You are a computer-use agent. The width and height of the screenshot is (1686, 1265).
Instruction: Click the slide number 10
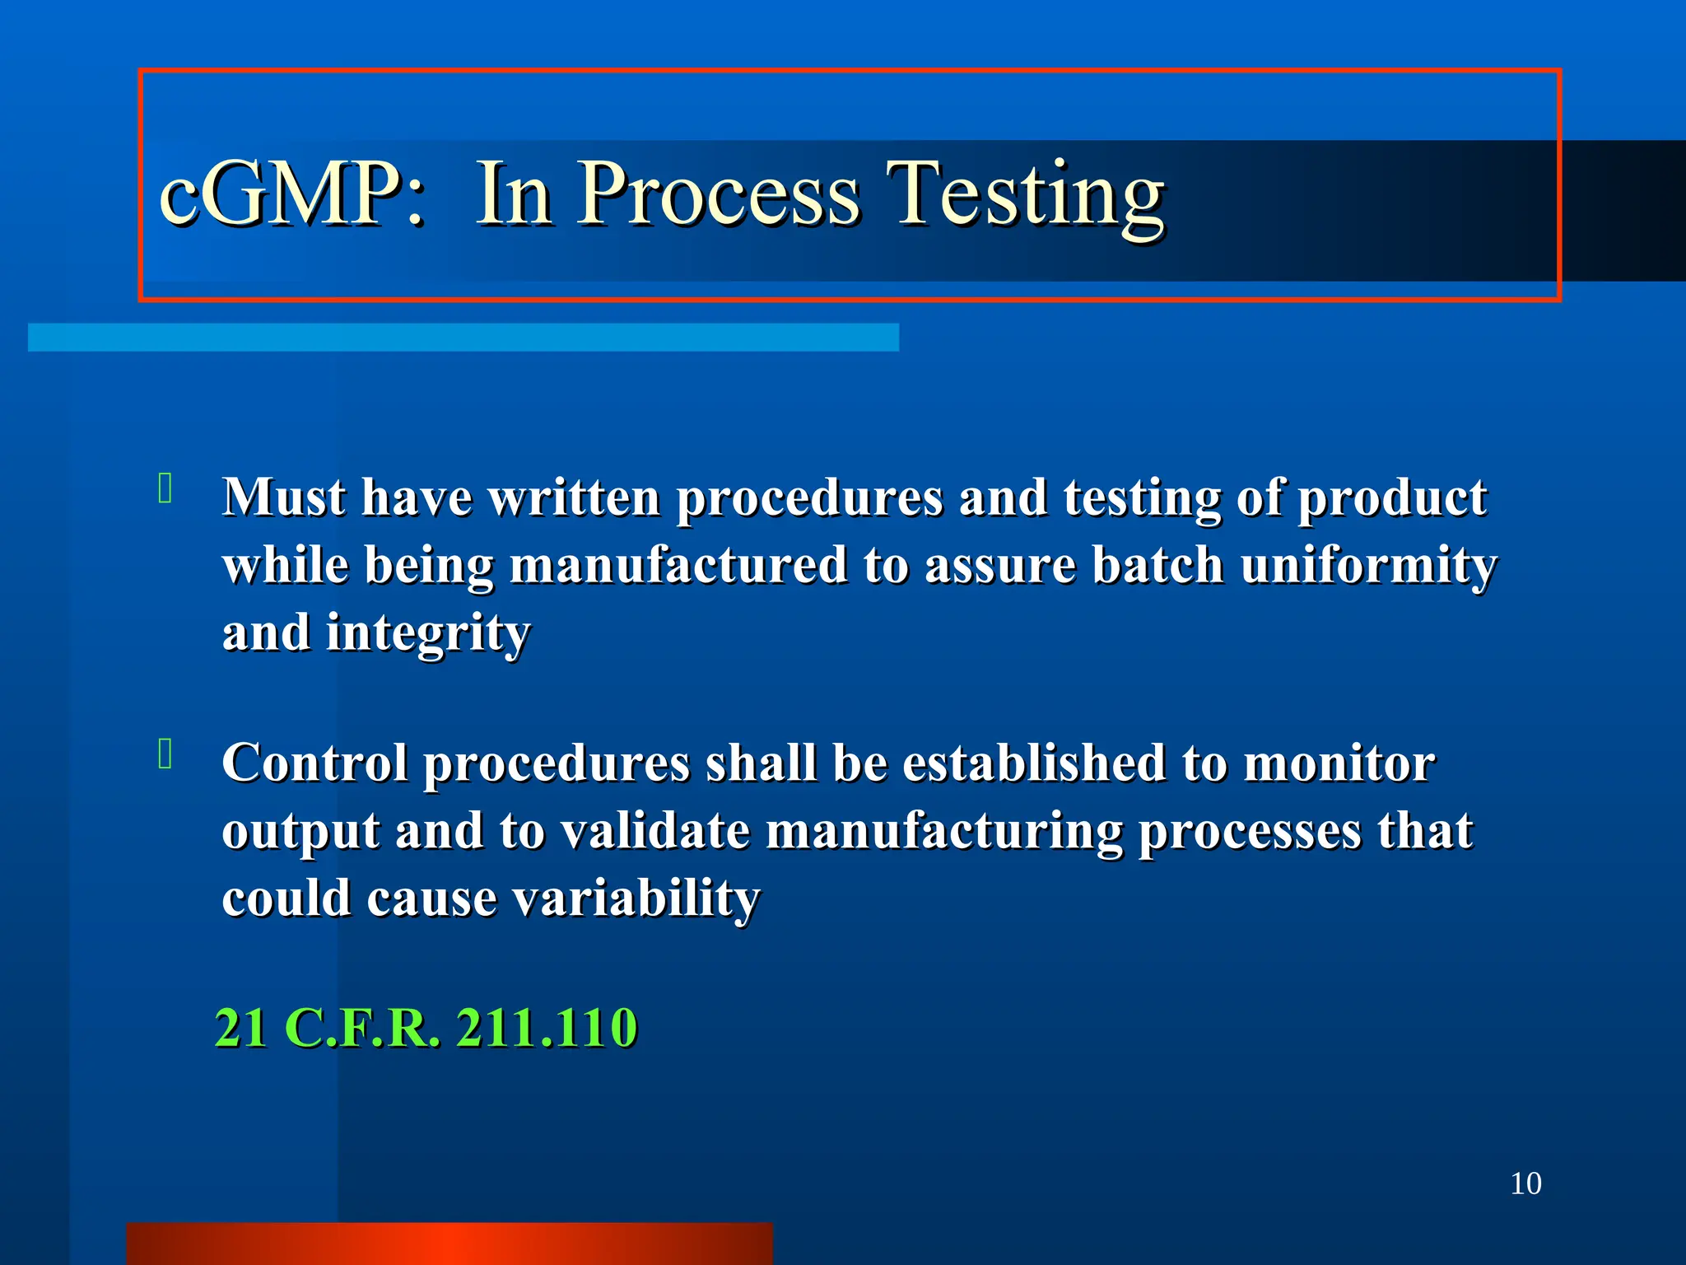click(x=1525, y=1183)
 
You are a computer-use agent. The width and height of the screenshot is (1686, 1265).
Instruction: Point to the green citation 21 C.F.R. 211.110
click(x=426, y=1028)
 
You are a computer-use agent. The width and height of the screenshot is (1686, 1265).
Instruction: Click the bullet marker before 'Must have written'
click(x=165, y=488)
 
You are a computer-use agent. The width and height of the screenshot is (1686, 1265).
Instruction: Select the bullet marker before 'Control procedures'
click(x=165, y=754)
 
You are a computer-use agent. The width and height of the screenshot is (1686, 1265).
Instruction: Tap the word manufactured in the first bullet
click(x=678, y=566)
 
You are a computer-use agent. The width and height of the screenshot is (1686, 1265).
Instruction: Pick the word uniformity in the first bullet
click(x=1368, y=566)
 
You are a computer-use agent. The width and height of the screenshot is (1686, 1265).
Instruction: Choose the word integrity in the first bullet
click(x=428, y=633)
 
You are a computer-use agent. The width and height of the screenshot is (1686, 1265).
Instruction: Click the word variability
click(x=636, y=898)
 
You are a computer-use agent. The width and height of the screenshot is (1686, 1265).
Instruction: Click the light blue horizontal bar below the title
click(x=463, y=338)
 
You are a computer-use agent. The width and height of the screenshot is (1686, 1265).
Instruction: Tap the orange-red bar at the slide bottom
click(x=449, y=1244)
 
